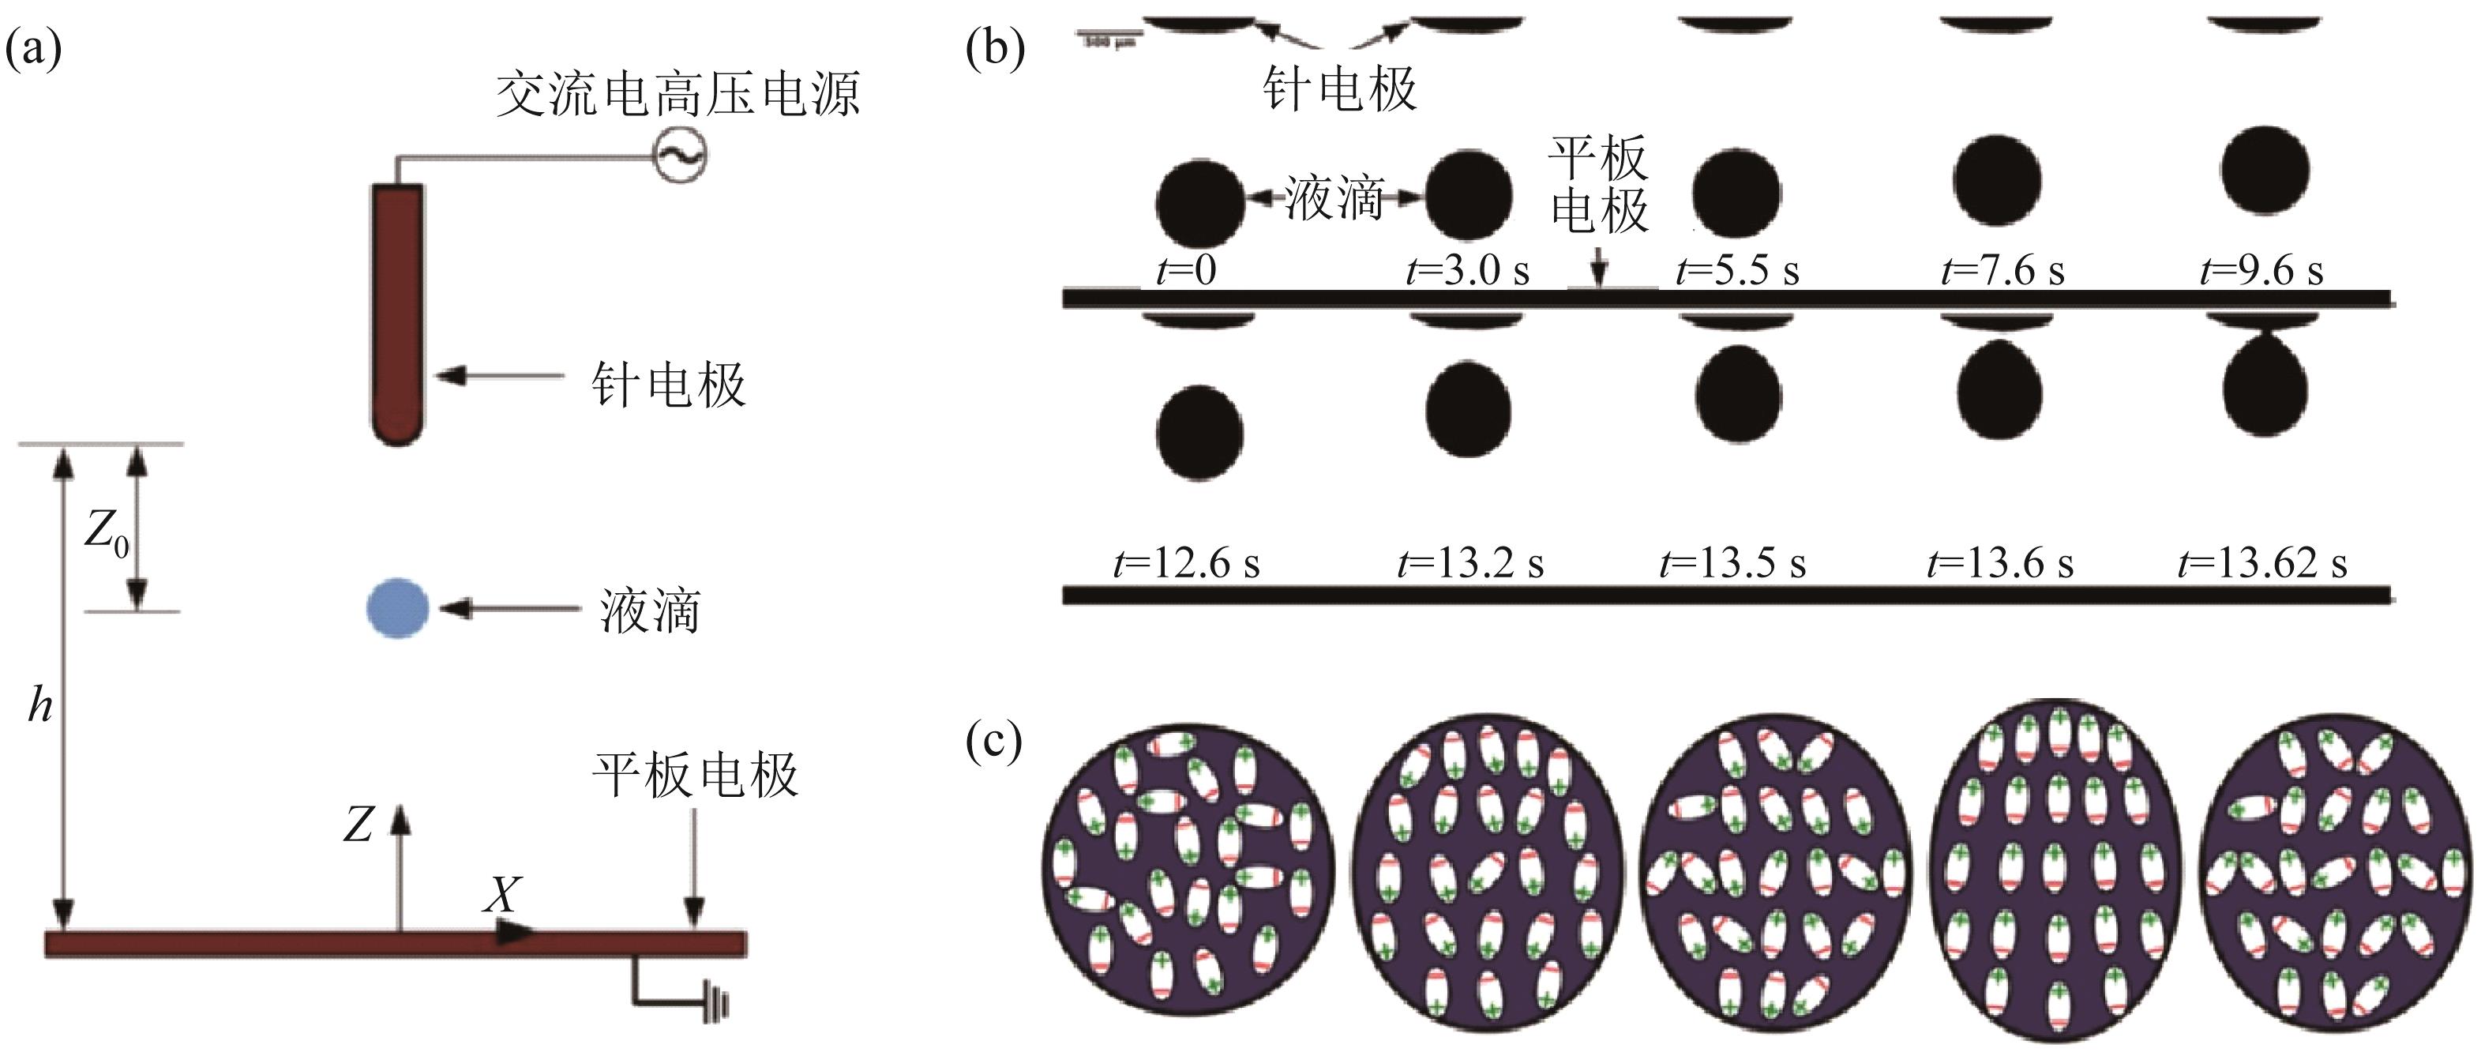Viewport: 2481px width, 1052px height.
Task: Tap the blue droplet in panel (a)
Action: pos(397,608)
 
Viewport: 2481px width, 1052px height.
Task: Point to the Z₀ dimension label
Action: pos(106,532)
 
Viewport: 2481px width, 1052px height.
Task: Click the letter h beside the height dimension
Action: pos(39,707)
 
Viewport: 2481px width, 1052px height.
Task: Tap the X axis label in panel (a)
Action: pos(501,896)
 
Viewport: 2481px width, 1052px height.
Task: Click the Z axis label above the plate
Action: pos(358,825)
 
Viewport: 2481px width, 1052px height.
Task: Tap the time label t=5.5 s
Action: pos(1737,271)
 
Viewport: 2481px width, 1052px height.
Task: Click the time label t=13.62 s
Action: pos(2262,562)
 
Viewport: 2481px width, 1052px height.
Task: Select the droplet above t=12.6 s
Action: pos(1200,431)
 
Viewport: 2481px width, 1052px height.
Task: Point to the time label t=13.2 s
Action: pos(1469,562)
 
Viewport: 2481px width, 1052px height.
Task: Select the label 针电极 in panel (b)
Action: pos(1340,88)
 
